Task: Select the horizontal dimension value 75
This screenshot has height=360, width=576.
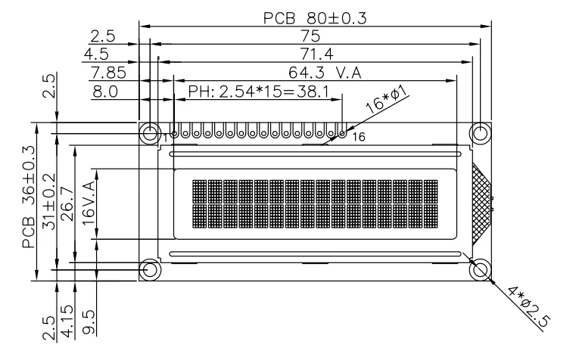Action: click(x=311, y=36)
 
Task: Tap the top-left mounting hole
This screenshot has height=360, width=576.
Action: click(x=149, y=133)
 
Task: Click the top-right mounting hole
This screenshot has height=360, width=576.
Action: click(x=481, y=133)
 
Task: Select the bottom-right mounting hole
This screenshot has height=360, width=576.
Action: click(x=481, y=269)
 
